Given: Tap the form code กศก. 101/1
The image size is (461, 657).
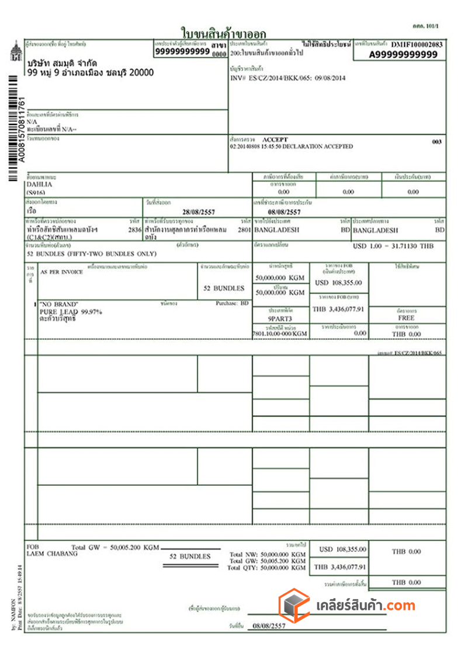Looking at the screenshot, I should click(424, 27).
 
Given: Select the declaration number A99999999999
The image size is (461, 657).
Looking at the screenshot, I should click(403, 54).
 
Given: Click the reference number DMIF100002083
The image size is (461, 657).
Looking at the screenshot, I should click(417, 44).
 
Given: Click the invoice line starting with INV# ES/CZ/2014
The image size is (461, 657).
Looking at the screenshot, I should click(287, 78).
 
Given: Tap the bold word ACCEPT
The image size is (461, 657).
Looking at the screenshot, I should click(276, 140).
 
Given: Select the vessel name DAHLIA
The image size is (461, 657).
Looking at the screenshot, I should click(39, 184).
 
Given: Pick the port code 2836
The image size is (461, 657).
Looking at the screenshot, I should click(134, 230).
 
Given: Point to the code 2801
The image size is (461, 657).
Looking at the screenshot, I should click(244, 230).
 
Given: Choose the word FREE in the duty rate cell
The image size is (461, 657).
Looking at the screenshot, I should click(406, 319).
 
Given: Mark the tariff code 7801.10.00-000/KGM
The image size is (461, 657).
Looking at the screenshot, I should click(279, 334).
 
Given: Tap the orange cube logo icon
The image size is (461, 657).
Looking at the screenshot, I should click(294, 605).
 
